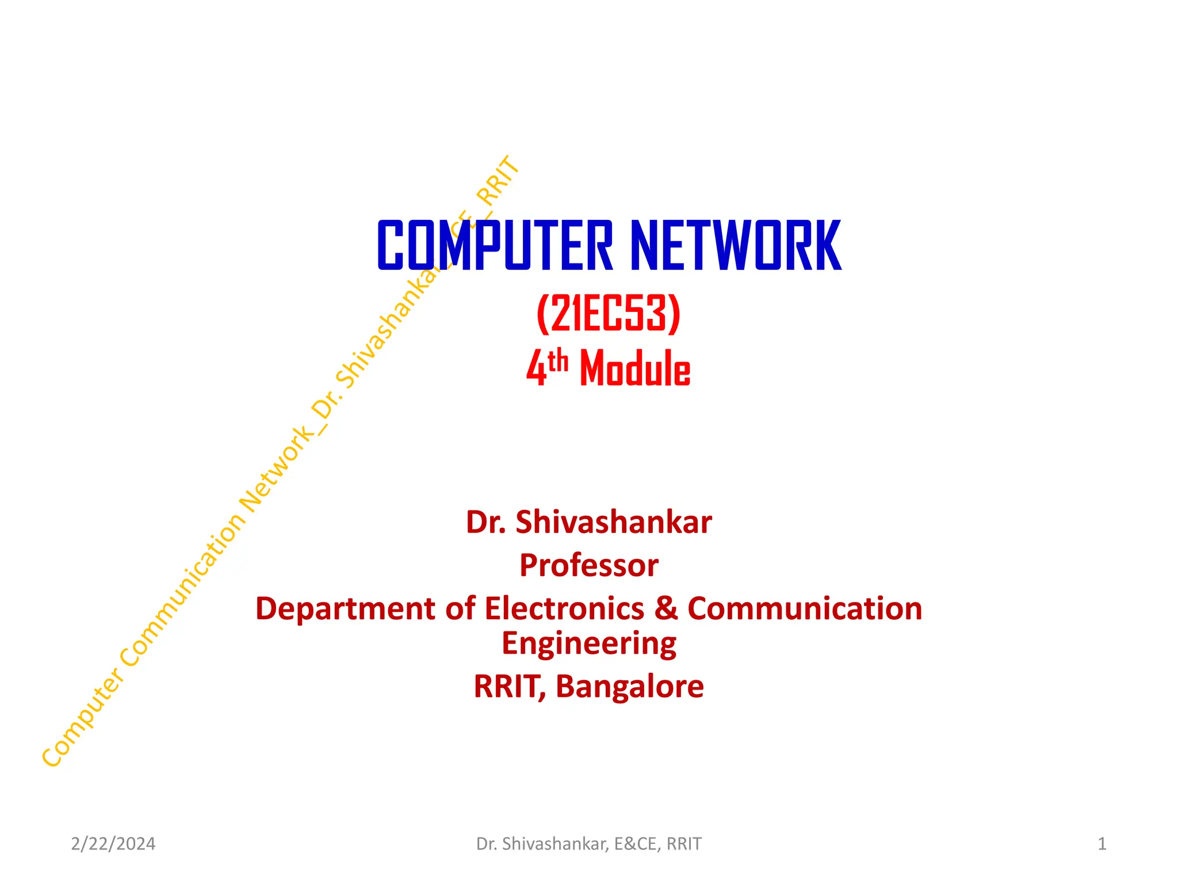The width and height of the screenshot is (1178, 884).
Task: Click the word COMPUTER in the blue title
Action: [x=495, y=246]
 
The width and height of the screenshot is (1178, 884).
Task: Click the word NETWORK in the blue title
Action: [x=736, y=246]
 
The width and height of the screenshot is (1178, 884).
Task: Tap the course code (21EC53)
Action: [x=608, y=314]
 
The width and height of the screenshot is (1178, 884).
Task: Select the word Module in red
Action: [x=635, y=368]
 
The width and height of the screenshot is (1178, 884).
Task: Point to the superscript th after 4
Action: [x=557, y=362]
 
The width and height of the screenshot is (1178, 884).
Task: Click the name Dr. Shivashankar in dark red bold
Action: [x=588, y=522]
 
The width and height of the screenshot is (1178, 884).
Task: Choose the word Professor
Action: [x=588, y=565]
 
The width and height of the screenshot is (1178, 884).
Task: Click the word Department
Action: [x=345, y=608]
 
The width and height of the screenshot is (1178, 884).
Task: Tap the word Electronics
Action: [x=564, y=608]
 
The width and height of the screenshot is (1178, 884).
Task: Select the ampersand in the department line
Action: [x=666, y=608]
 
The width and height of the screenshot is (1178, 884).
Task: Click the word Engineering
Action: [x=588, y=644]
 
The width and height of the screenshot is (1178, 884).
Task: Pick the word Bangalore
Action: [x=629, y=686]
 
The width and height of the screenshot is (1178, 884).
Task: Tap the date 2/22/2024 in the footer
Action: [x=113, y=844]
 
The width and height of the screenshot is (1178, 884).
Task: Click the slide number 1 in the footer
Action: [x=1101, y=844]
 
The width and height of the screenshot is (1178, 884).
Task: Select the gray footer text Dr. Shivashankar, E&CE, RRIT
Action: [x=588, y=844]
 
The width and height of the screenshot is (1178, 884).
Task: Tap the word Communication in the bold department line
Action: [x=805, y=608]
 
